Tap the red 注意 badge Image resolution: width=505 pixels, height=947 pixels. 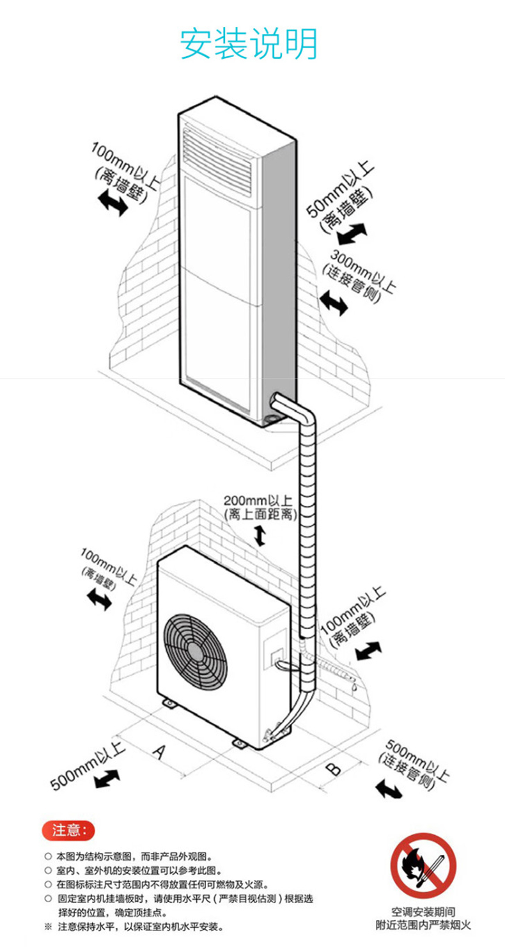[68, 831]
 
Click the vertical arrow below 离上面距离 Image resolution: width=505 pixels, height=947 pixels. [260, 535]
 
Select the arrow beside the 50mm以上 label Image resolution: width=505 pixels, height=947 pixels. [353, 233]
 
